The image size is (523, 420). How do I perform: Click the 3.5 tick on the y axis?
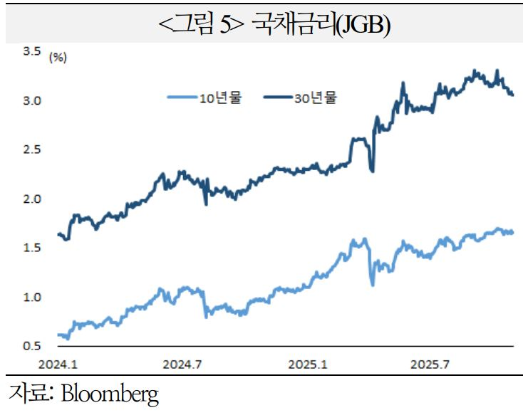click(31, 51)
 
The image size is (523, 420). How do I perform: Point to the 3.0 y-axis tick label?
click(31, 100)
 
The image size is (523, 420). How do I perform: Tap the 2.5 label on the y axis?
click(31, 149)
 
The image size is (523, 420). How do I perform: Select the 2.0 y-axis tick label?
click(31, 199)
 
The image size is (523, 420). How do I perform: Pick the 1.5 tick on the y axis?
click(31, 248)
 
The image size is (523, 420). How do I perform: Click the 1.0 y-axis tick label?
click(31, 297)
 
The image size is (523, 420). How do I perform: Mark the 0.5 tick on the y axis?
click(31, 346)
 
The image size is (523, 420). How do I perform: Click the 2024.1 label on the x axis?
click(58, 364)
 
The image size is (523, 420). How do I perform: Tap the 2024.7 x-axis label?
click(183, 364)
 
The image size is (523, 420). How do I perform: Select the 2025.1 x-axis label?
click(308, 364)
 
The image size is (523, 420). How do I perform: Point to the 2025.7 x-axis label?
click(430, 364)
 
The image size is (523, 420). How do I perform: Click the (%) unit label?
click(57, 58)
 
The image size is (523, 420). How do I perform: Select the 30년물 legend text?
click(314, 99)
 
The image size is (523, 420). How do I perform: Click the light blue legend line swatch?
click(181, 99)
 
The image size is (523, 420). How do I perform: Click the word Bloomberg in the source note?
click(110, 394)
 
